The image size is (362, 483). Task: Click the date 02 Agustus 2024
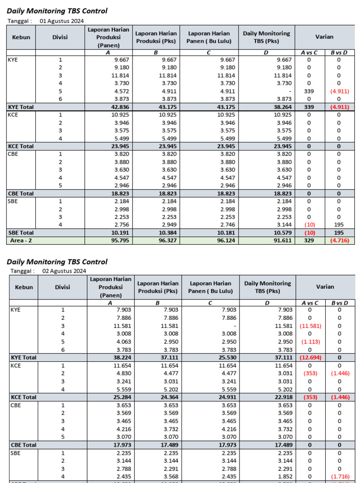[65, 271]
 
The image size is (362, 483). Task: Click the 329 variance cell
[309, 241]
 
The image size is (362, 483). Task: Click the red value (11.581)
[310, 326]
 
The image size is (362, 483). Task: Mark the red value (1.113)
[310, 341]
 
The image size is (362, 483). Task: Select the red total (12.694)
[310, 358]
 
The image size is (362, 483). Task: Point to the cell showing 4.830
[122, 373]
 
